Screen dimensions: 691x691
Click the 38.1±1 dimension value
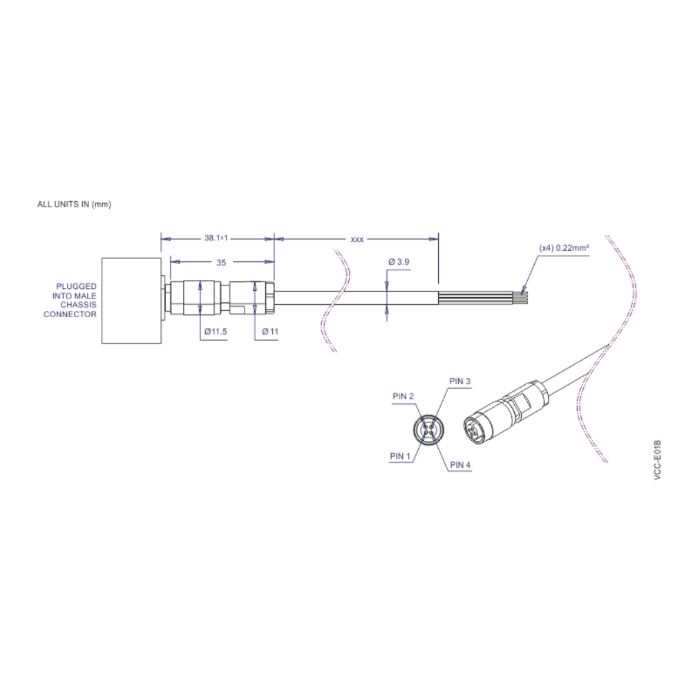click(x=216, y=238)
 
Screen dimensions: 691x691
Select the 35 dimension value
click(x=221, y=263)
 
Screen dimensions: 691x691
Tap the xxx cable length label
click(x=357, y=239)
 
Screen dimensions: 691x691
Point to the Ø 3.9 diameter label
click(x=399, y=263)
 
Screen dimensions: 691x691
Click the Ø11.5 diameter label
click(x=216, y=332)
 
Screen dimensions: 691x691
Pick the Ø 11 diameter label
click(x=270, y=332)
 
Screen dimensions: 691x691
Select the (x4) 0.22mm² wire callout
click(x=564, y=247)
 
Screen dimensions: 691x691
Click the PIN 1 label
click(x=400, y=456)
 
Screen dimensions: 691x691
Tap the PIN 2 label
click(x=403, y=396)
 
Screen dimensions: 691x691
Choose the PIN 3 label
click(x=460, y=381)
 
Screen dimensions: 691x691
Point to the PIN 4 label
click(x=460, y=465)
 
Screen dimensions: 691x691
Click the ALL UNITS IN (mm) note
click(x=74, y=205)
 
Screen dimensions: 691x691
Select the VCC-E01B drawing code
click(x=657, y=460)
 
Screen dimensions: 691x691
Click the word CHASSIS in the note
click(x=78, y=305)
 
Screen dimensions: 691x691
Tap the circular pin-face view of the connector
click(x=428, y=430)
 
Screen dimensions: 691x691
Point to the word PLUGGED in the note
click(x=77, y=286)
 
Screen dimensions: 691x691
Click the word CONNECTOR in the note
click(x=70, y=314)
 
